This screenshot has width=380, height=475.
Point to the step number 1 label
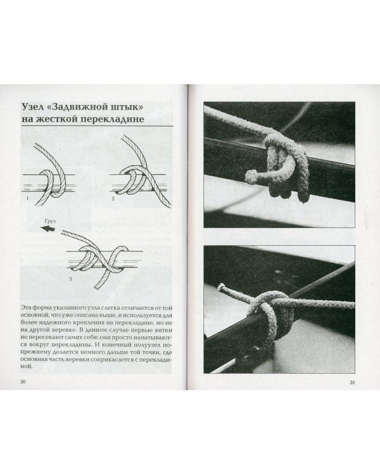(28, 198)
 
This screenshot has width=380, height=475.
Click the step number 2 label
(113, 199)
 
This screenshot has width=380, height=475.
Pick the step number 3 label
(70, 279)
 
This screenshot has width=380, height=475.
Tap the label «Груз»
(50, 222)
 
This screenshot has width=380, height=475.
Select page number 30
(23, 382)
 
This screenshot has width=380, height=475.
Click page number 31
(352, 383)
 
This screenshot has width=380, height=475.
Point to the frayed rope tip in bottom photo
(222, 286)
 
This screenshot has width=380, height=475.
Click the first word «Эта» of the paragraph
(25, 308)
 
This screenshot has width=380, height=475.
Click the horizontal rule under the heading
(97, 126)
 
